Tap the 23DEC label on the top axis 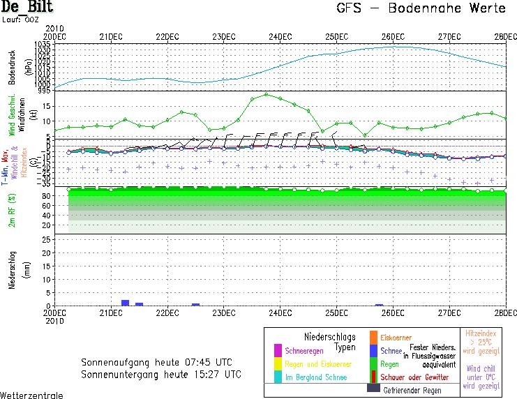223,36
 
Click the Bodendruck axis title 11,67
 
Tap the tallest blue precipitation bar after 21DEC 126,303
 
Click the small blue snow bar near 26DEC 379,305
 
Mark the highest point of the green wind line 266,94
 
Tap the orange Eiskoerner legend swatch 373,338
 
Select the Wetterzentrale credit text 32,395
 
